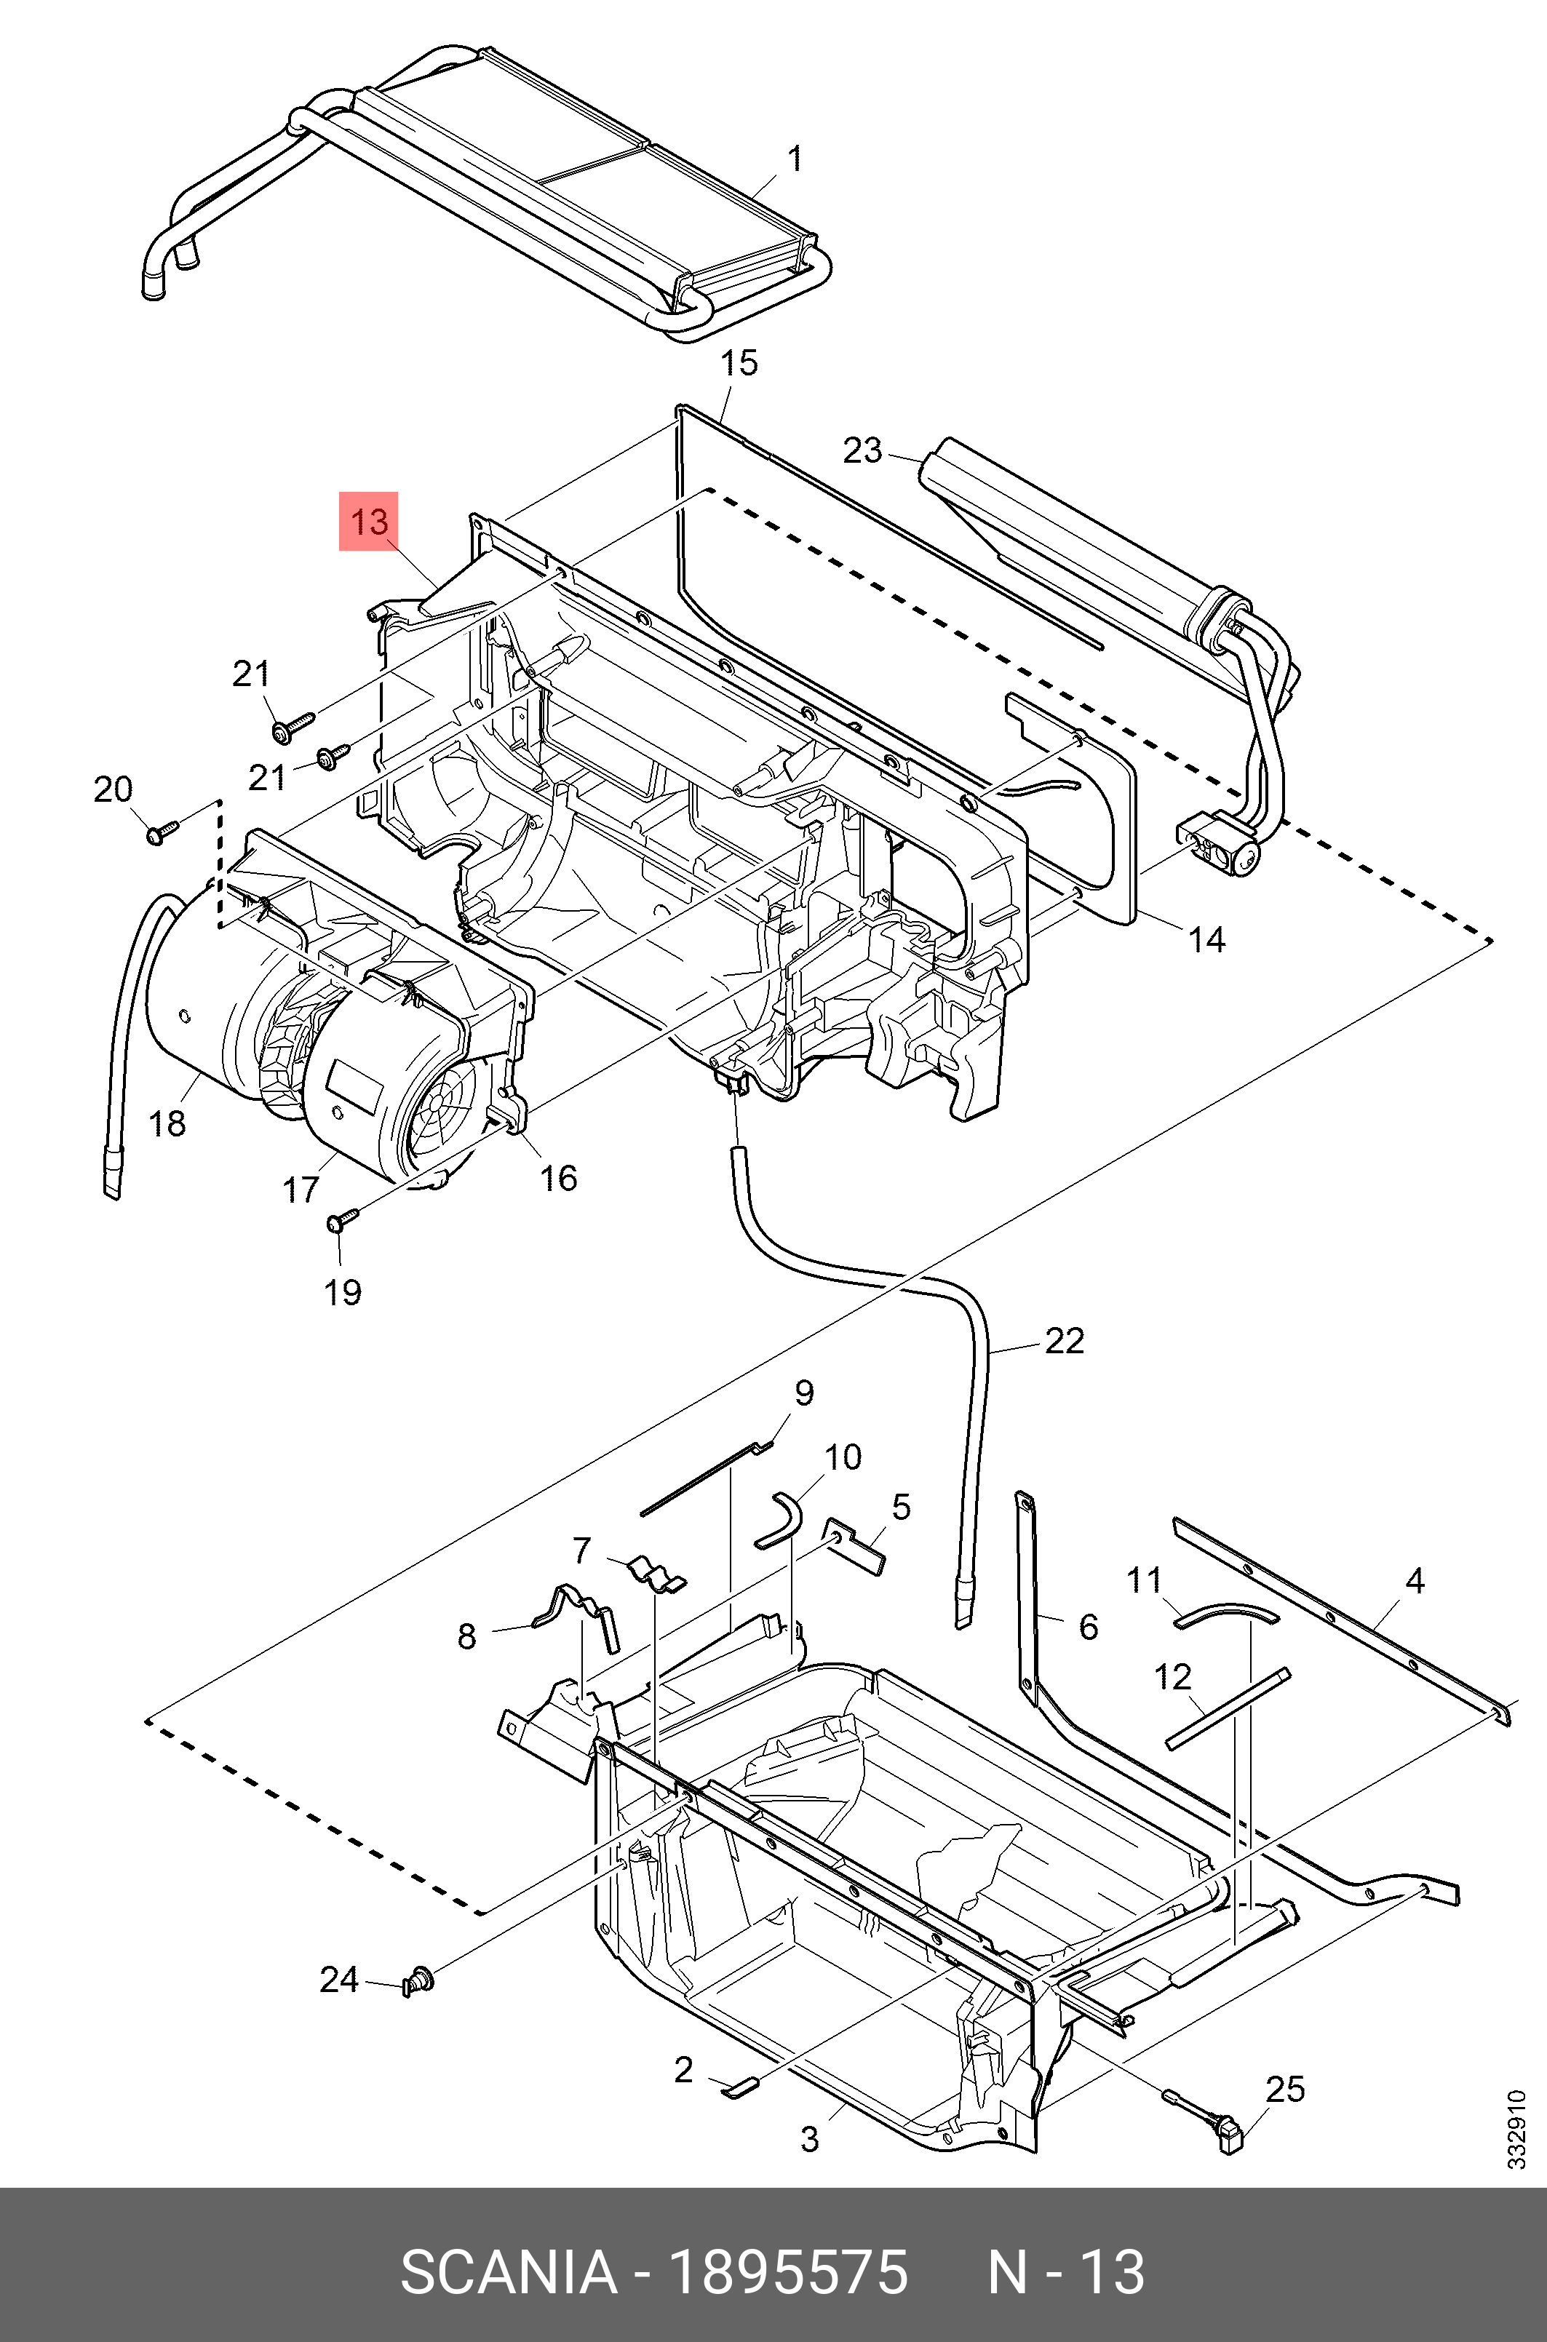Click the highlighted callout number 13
click(x=369, y=521)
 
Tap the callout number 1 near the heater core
click(x=794, y=159)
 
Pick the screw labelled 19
click(x=338, y=1222)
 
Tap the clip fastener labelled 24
click(x=418, y=1979)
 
